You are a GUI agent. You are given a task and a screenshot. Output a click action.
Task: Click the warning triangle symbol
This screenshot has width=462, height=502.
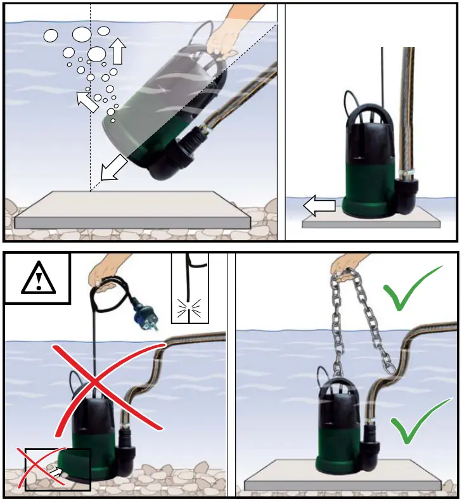(38, 279)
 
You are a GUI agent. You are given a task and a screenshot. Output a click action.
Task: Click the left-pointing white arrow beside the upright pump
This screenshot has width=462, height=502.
(318, 205)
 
